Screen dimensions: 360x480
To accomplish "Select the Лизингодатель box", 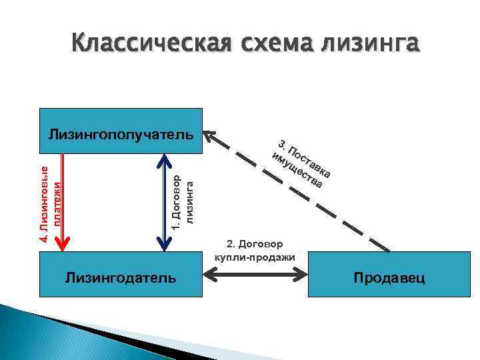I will pyautogui.click(x=121, y=276).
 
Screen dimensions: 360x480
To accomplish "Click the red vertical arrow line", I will pyautogui.click(x=62, y=200).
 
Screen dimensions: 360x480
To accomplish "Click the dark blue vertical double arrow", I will pyautogui.click(x=163, y=200).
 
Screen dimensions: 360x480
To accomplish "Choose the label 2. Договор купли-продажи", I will pyautogui.click(x=256, y=250).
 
